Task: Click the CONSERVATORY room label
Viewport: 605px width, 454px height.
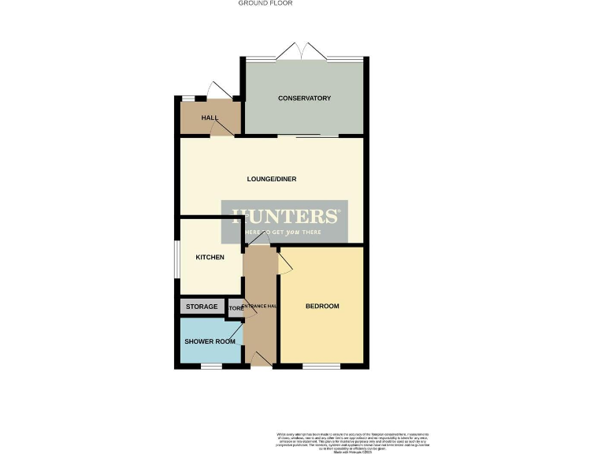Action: [x=304, y=99]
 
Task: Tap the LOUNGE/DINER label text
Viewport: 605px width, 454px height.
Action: [x=272, y=179]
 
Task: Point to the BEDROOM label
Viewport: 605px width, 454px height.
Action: [x=322, y=306]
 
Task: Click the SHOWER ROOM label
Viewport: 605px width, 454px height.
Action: [x=210, y=341]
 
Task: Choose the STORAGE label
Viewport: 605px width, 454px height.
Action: [x=202, y=306]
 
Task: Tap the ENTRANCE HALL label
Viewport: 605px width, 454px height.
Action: [x=259, y=306]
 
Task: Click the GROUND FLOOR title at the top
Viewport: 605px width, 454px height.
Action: [x=265, y=3]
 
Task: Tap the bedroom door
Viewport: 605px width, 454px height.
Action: [x=284, y=264]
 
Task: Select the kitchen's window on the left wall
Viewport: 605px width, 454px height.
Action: [x=176, y=257]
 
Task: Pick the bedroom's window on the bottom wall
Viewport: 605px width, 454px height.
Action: [x=321, y=366]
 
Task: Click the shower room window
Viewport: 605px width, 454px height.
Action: [x=210, y=366]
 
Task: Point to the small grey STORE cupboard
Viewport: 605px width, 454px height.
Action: [x=236, y=308]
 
